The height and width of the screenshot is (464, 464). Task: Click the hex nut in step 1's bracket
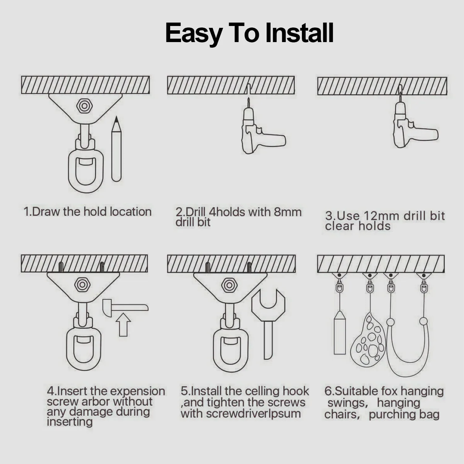pyautogui.click(x=84, y=106)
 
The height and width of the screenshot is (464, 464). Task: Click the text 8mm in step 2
pyautogui.click(x=287, y=212)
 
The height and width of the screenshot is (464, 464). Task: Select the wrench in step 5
pyautogui.click(x=268, y=322)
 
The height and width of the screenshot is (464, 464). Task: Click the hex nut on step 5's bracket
pyautogui.click(x=229, y=285)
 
